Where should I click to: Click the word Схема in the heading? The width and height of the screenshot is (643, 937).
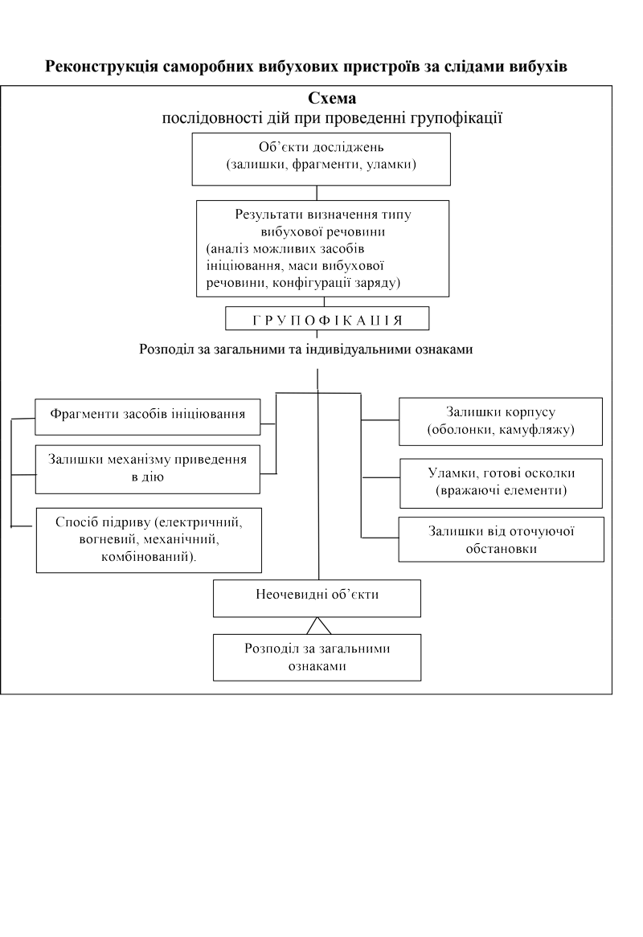(x=332, y=98)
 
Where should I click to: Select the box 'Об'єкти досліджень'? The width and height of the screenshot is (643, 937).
(x=321, y=159)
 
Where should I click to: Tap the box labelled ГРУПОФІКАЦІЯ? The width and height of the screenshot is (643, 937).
(x=327, y=318)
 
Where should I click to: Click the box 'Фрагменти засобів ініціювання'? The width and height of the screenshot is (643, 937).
(x=148, y=416)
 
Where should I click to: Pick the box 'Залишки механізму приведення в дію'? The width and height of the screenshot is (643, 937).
(x=148, y=469)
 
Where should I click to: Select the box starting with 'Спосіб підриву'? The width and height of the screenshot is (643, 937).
(x=149, y=540)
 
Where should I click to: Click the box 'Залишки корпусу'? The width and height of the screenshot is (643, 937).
(x=501, y=421)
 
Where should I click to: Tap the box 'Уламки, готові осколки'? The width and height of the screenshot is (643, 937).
(x=502, y=484)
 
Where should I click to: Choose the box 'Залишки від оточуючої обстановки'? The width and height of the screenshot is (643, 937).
(x=502, y=539)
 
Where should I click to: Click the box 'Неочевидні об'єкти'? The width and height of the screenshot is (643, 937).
(x=317, y=598)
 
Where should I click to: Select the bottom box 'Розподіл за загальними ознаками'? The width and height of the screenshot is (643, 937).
(x=317, y=657)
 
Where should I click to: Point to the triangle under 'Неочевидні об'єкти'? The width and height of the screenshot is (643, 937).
(x=319, y=626)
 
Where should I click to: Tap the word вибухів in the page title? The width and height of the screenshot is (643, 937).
(x=538, y=67)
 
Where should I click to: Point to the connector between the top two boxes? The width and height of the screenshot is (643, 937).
(x=317, y=193)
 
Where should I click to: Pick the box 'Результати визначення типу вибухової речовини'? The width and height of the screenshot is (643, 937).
(x=322, y=248)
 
